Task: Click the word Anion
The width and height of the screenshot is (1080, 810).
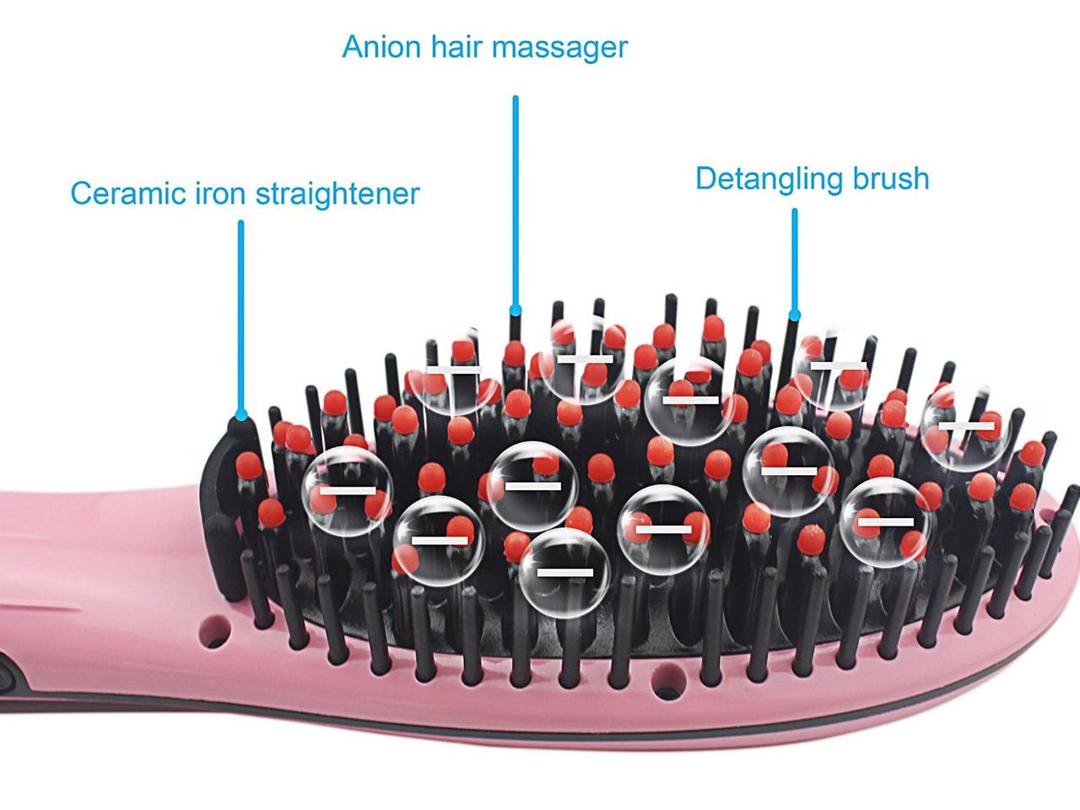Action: coord(381,46)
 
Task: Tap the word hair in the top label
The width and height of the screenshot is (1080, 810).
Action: coord(456,46)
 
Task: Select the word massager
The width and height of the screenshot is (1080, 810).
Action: coord(559,48)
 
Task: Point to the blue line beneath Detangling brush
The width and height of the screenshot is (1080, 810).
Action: coord(794,262)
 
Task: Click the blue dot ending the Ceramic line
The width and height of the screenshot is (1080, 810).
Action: coord(240,415)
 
